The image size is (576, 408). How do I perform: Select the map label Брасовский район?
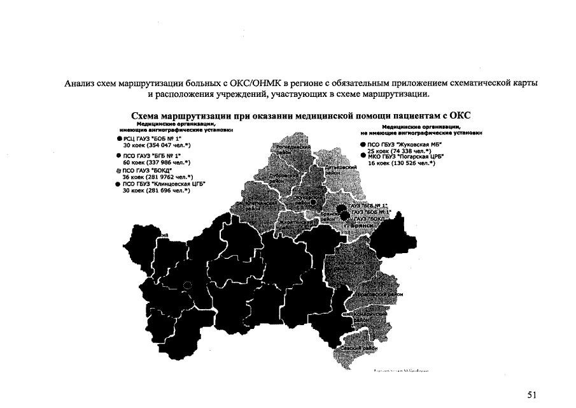coord(378,295)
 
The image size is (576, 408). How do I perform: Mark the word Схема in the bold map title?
coord(146,115)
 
